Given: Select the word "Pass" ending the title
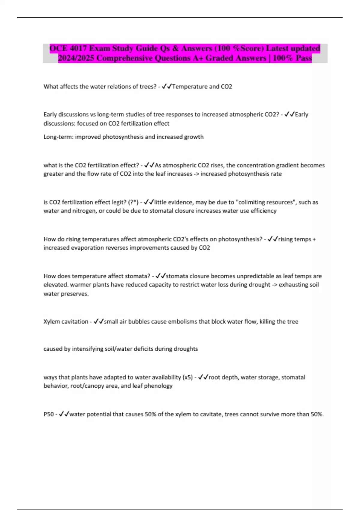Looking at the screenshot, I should pyautogui.click(x=304, y=58).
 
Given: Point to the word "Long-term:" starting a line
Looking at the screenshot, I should pyautogui.click(x=58, y=137).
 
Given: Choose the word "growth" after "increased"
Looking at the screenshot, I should pyautogui.click(x=194, y=137).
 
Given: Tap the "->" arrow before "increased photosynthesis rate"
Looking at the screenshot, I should pyautogui.click(x=196, y=174).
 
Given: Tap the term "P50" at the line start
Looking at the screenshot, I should pyautogui.click(x=49, y=414).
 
